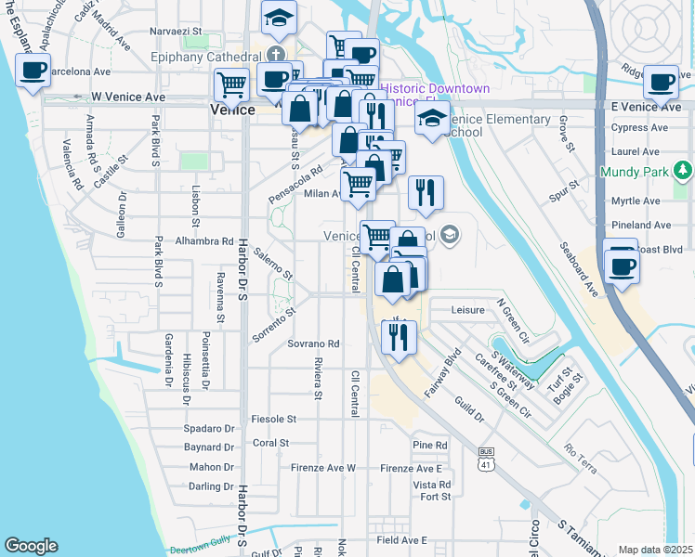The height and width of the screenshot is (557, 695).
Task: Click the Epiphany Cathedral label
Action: [206, 56]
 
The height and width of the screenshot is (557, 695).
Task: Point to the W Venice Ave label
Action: [128, 97]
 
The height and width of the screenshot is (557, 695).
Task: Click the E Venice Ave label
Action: [648, 108]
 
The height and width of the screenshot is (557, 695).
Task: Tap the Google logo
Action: [31, 546]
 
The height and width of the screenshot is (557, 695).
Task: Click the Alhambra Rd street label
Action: [203, 240]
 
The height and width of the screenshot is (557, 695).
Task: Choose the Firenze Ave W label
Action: [324, 468]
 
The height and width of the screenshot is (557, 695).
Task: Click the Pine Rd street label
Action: [430, 446]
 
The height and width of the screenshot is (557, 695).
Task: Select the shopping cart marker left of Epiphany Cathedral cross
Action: [230, 84]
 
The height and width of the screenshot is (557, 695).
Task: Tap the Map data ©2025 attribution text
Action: [655, 550]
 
